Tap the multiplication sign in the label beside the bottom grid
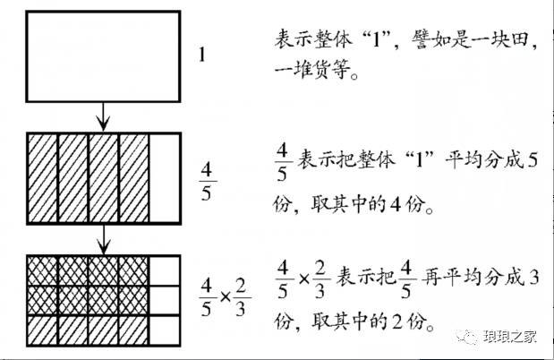click(x=225, y=294)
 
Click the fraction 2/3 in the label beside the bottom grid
click(x=243, y=294)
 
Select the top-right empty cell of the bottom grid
click(x=165, y=269)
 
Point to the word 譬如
click(x=424, y=43)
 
